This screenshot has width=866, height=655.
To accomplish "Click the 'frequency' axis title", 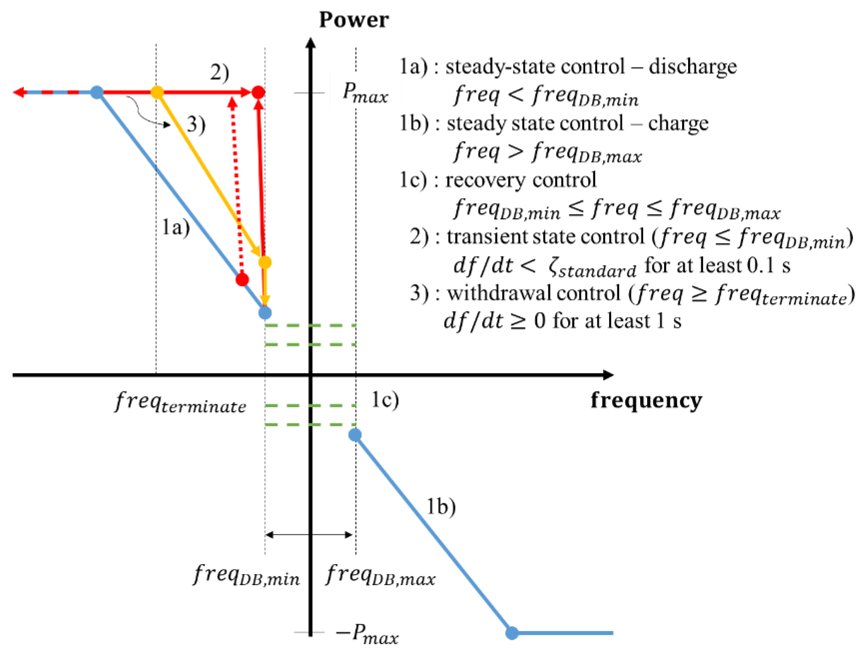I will (646, 401).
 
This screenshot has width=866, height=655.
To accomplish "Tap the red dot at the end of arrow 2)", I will (258, 92).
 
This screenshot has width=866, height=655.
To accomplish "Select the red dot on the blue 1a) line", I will (243, 280).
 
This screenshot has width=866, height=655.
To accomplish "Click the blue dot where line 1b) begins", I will (355, 434).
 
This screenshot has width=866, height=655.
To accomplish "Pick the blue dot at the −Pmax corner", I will (512, 633).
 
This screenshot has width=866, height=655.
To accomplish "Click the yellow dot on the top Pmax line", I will (157, 92).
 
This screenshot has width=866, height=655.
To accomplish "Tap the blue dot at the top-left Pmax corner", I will (97, 92).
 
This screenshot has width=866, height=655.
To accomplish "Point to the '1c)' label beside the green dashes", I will (384, 400).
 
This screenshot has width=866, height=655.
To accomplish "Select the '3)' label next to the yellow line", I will (196, 125).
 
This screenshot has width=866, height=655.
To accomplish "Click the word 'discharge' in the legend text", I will (692, 67).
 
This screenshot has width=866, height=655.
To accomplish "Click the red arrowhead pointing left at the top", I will (19, 92).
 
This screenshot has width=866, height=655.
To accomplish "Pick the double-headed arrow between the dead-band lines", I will (309, 534).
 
